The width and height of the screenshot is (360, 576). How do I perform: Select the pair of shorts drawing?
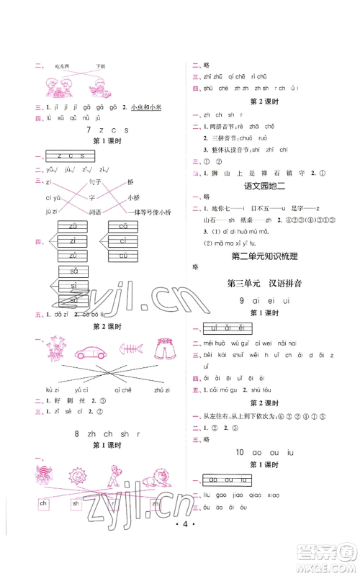[x=165, y=351]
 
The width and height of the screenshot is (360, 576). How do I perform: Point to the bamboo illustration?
[x=55, y=350]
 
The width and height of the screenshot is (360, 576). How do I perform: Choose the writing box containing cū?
[x=120, y=256]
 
